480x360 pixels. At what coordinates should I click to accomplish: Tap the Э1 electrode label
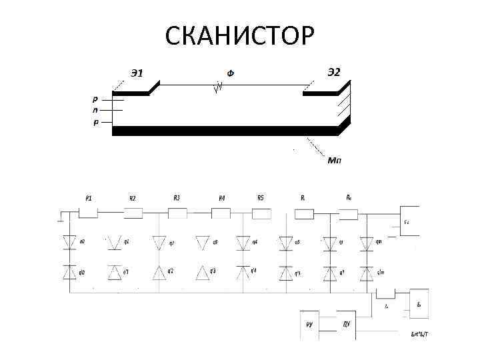136,73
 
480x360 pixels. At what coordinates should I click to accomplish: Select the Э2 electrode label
333,72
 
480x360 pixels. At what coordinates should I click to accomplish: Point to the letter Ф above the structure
230,73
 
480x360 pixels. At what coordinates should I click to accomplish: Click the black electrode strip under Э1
131,94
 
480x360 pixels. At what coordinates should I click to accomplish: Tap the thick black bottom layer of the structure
227,131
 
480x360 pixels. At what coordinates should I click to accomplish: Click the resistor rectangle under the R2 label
133,213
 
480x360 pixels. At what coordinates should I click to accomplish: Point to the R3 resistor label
177,197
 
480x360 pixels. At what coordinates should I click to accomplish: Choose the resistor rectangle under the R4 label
221,213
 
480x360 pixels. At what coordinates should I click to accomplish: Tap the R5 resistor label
261,197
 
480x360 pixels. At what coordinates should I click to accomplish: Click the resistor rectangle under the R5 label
261,213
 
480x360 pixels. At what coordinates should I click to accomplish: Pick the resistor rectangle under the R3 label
177,213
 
